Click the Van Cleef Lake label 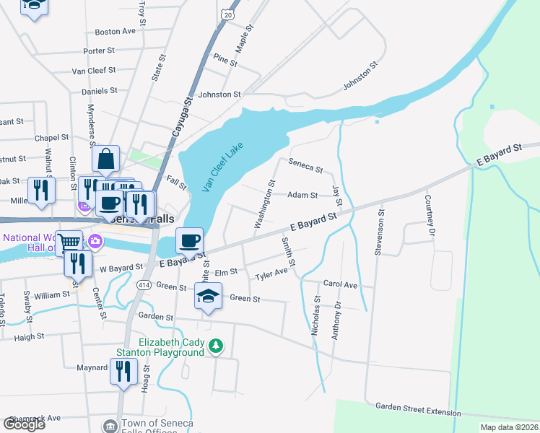pos(222,167)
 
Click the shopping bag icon pos(106,159)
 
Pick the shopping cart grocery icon pos(69,242)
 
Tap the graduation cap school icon pos(208,297)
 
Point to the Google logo pos(24,424)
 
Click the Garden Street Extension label pos(417,411)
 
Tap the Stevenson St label pos(378,232)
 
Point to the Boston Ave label pos(116,32)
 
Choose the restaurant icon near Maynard pos(123,372)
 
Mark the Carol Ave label pos(340,284)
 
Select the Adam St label pos(302,195)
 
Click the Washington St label pos(264,204)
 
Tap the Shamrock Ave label pos(34,418)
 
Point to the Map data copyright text pos(509,427)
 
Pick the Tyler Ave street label pos(271,276)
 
